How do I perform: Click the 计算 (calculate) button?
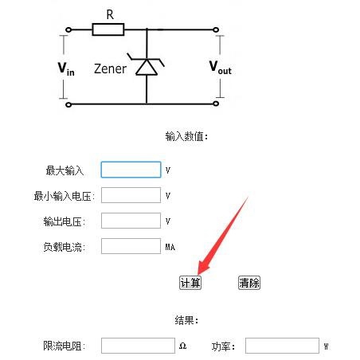point(190,283)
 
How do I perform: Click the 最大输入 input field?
point(131,170)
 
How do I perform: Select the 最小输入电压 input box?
point(131,195)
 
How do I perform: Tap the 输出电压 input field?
point(131,221)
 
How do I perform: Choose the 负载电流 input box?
point(131,246)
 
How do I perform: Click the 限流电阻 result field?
point(138,346)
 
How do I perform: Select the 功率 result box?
point(282,346)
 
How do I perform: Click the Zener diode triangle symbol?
point(147,67)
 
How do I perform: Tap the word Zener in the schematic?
point(110,68)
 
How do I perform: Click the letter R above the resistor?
point(110,14)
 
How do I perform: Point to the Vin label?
point(66,68)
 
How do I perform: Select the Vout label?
point(221,68)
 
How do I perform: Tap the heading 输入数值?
point(186,137)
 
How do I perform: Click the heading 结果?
point(186,320)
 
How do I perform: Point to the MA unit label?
point(170,247)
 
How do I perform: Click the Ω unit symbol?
point(182,346)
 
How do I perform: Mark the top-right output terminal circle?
point(216,29)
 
